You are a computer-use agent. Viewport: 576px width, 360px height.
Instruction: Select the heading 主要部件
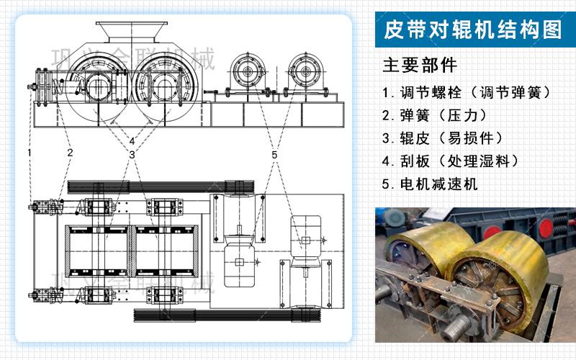pyautogui.click(x=420, y=66)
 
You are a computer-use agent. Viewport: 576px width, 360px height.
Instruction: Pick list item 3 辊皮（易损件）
pyautogui.click(x=443, y=138)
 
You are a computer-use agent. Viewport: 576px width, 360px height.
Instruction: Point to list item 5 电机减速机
pyautogui.click(x=430, y=184)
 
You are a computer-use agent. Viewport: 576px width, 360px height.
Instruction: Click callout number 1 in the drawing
pyautogui.click(x=30, y=153)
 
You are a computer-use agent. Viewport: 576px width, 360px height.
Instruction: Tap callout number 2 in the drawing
pyautogui.click(x=70, y=153)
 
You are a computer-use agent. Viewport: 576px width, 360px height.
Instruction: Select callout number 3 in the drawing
pyautogui.click(x=132, y=155)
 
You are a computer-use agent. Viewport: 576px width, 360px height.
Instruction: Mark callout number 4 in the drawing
pyautogui.click(x=132, y=140)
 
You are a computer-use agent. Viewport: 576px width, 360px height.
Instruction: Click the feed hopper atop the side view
pyautogui.click(x=130, y=32)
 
